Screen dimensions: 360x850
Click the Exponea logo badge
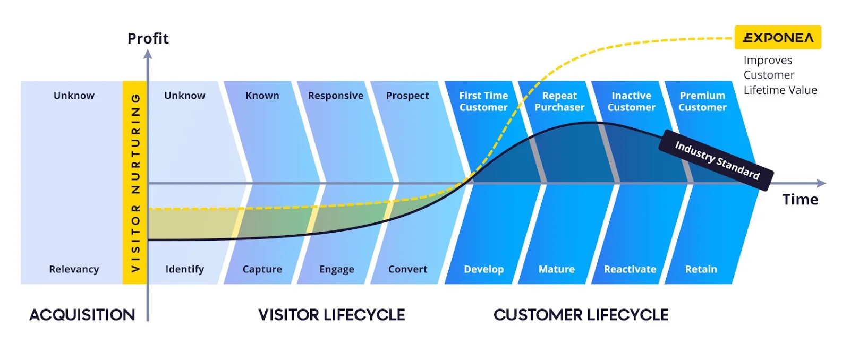778,38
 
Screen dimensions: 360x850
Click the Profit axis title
148,39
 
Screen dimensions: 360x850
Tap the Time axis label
800,200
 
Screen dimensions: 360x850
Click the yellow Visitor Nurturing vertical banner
135,182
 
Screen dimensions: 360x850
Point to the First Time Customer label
483,101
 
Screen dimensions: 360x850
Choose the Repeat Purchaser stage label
559,101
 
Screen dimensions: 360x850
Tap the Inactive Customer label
631,101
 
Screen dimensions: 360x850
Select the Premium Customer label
702,101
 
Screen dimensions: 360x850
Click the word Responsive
336,96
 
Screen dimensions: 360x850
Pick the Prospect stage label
407,96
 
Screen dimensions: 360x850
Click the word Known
262,96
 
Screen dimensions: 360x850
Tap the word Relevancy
74,269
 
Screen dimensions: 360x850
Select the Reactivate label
630,269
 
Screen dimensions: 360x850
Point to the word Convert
407,269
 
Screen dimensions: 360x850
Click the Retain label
701,269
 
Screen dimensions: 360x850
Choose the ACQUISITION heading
82,315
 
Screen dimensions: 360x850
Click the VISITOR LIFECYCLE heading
331,315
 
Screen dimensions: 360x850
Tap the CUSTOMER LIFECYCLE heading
581,315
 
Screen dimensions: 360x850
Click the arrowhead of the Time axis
821,183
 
